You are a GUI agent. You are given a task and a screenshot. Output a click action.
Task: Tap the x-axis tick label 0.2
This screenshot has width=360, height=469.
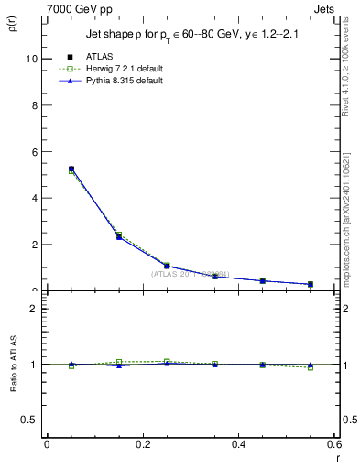click(142, 444)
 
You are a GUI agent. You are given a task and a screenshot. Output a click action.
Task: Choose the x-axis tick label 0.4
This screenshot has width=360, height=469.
click(238, 444)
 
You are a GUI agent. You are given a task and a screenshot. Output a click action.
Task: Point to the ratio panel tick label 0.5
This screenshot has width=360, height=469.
click(29, 420)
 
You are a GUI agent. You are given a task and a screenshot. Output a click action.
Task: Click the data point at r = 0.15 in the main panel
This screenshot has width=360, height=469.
click(119, 236)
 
